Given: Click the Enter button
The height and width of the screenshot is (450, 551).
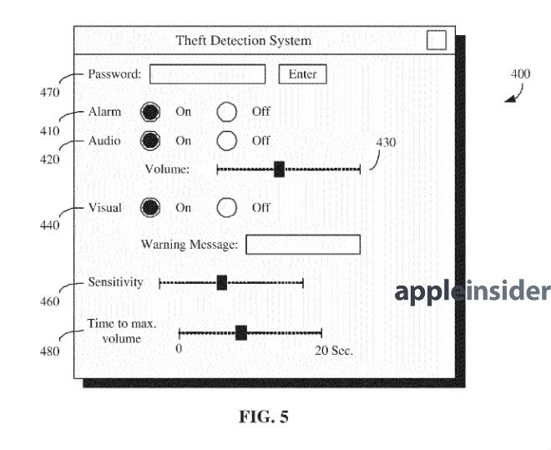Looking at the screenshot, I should tap(302, 74).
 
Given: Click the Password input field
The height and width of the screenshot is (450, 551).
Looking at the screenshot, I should tap(207, 74).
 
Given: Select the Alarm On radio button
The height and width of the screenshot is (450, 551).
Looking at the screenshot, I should tap(150, 112).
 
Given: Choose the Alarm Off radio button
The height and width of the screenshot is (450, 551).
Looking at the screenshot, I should tap(227, 112).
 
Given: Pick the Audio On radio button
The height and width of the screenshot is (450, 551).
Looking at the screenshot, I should tap(150, 140).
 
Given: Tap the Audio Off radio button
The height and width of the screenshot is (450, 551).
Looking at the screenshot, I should tap(227, 140).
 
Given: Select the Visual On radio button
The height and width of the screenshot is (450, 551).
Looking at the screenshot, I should tap(150, 208).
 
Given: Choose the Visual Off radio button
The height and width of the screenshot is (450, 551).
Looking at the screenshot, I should tap(227, 208).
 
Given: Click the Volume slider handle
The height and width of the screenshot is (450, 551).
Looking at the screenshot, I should tap(279, 169).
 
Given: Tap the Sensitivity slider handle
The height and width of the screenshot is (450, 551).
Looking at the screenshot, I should tap(221, 283).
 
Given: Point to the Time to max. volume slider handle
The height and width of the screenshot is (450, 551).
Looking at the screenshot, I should tap(240, 333).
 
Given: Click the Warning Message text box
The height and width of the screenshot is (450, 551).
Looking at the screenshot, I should tap(302, 245).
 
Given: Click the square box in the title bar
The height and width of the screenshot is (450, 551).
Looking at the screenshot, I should tap(436, 40).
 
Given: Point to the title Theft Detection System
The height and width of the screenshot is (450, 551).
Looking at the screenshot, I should tap(243, 40).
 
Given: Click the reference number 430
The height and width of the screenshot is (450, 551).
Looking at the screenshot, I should tap(386, 143).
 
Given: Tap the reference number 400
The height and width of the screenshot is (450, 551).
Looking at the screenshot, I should tap(519, 74).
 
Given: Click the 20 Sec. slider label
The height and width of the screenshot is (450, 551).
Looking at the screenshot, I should tap(334, 350).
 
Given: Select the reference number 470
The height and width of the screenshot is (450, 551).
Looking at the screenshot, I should tap(49, 92).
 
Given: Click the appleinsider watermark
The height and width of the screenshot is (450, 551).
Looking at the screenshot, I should tap(473, 291).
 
